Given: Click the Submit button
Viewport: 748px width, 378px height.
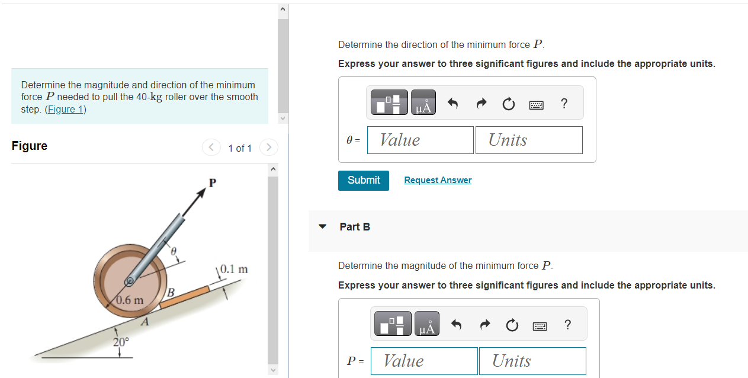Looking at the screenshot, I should click(364, 180).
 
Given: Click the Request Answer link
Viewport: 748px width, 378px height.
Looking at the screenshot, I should click(438, 180).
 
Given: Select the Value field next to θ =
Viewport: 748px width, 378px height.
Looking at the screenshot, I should click(420, 140).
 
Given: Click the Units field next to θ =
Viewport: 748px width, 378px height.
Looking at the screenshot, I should click(528, 140).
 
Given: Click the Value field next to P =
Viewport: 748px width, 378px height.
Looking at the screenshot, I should click(423, 361).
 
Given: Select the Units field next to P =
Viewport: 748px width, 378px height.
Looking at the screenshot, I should click(532, 361).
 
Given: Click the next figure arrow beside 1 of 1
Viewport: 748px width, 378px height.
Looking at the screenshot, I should click(268, 147).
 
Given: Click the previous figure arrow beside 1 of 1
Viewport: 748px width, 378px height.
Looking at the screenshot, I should click(211, 147).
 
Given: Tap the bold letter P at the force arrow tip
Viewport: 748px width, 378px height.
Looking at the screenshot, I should click(212, 182).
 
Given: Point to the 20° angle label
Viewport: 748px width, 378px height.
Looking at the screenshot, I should click(121, 342).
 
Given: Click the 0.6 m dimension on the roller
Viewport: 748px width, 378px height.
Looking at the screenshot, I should click(130, 300).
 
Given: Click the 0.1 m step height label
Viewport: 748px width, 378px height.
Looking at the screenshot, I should click(233, 270).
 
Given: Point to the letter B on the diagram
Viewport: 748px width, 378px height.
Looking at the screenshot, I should click(171, 292).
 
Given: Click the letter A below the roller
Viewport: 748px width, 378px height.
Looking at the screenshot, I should click(144, 322).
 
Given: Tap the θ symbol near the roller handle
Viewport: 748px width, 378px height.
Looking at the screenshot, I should click(174, 251).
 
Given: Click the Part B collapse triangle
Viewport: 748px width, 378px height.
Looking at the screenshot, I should click(323, 226).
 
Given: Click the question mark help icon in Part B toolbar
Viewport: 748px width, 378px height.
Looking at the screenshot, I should click(567, 324).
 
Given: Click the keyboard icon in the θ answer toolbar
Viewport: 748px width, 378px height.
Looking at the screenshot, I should click(536, 104).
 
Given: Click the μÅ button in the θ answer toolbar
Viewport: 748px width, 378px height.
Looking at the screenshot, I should click(423, 103).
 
